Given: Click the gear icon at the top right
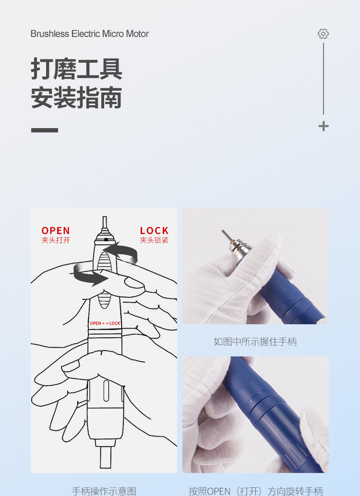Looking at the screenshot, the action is click(x=323, y=34).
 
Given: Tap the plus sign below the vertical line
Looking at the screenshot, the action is click(x=323, y=126).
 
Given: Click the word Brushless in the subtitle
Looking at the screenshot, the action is click(x=50, y=34).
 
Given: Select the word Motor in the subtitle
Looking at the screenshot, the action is click(x=137, y=34).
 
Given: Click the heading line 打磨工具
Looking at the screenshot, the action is click(x=76, y=69).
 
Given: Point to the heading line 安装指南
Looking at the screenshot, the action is click(x=76, y=98).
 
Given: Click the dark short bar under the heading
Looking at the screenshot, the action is click(x=45, y=130).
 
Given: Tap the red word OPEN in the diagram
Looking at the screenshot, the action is click(x=56, y=231).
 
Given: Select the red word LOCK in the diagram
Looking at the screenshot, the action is click(x=154, y=231).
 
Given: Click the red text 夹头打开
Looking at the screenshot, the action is click(x=56, y=240).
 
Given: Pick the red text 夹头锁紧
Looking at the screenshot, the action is click(x=154, y=240).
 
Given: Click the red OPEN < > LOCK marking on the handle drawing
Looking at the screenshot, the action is click(x=105, y=323).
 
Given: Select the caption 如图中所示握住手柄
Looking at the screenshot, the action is click(x=255, y=342).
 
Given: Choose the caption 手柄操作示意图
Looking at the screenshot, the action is click(x=104, y=491).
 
